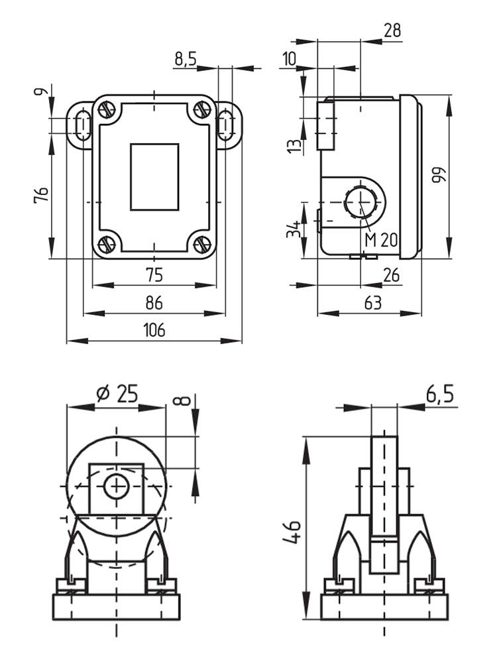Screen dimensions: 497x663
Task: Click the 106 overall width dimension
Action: tap(154, 330)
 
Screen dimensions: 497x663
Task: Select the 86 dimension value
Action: tap(154, 303)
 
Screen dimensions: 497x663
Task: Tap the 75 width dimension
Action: tap(154, 275)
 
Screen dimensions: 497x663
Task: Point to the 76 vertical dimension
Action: tap(41, 194)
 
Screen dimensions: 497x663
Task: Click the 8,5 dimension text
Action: tap(186, 59)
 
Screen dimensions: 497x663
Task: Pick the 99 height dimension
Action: tap(439, 176)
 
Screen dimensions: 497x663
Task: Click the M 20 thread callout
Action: tap(381, 240)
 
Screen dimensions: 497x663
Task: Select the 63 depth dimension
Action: tap(372, 303)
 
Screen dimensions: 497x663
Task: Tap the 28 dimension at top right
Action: tap(392, 30)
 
